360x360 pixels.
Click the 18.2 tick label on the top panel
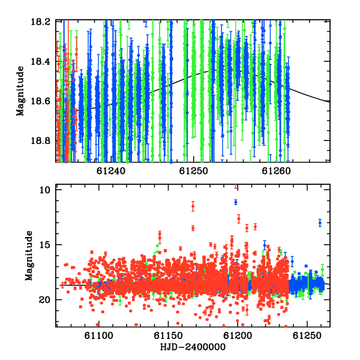(x=40, y=22)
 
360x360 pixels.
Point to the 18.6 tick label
(x=40, y=101)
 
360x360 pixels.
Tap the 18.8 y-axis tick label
(x=40, y=140)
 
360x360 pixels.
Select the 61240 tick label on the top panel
(x=111, y=171)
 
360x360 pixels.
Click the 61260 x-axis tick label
(x=276, y=171)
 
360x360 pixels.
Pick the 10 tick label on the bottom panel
(x=45, y=190)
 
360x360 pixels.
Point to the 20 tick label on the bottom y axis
(x=44, y=300)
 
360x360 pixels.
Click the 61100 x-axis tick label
(x=99, y=335)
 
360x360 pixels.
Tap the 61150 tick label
(x=168, y=335)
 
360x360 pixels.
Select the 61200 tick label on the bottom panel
(x=238, y=335)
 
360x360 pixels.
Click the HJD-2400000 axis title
(x=193, y=347)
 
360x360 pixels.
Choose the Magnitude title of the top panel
(x=20, y=91)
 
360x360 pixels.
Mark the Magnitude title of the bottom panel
(x=29, y=256)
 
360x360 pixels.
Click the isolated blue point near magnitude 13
(x=320, y=223)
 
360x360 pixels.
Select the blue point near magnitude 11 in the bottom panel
(x=236, y=202)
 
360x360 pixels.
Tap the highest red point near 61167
(x=193, y=206)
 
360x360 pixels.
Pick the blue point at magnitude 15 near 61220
(x=265, y=245)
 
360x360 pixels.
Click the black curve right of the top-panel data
(x=310, y=95)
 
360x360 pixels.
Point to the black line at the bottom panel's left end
(x=73, y=286)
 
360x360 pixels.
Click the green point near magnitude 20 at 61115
(x=120, y=301)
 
